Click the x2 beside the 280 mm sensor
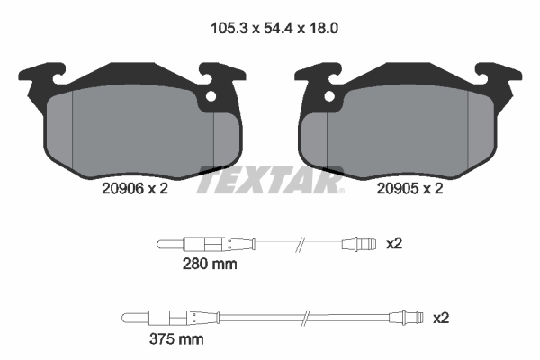393,243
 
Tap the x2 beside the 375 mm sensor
441,318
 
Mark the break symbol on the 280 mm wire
301,244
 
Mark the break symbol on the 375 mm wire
308,318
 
